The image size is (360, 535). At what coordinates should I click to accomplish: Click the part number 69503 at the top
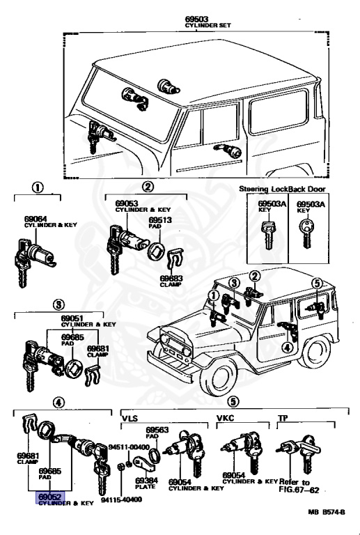196,19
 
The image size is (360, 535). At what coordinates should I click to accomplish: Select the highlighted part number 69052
49,497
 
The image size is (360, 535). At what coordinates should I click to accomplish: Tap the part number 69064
36,219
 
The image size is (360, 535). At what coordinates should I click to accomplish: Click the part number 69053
127,203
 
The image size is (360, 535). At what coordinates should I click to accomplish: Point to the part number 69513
160,220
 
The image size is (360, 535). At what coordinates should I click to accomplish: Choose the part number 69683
171,279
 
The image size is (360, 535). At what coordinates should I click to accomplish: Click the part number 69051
72,318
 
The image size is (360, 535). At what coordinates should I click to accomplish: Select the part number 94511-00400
129,447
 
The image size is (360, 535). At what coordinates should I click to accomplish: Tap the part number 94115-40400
121,500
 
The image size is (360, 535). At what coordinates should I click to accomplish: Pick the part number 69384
147,481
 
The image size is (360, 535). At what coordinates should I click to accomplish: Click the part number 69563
157,430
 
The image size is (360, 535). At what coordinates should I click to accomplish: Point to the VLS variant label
130,418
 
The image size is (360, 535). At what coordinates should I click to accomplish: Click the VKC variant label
226,418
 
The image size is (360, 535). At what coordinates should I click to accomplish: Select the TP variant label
283,418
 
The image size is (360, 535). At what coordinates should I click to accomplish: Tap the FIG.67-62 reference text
299,490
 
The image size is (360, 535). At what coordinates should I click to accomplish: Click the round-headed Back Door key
306,233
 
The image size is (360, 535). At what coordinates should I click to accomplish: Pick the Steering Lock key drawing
268,235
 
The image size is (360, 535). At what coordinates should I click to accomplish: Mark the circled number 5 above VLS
233,402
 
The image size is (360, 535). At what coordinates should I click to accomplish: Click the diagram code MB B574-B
327,512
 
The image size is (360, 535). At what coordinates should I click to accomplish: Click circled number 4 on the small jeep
288,348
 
